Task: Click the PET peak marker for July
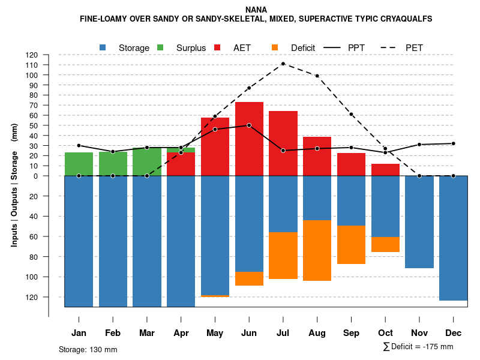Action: pyautogui.click(x=283, y=64)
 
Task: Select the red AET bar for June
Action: pyautogui.click(x=249, y=139)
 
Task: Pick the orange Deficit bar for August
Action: pyautogui.click(x=317, y=250)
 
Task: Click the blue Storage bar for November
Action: pyautogui.click(x=419, y=222)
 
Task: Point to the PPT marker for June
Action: pyautogui.click(x=249, y=125)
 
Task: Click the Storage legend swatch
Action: pyautogui.click(x=103, y=47)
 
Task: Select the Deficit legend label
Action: pyautogui.click(x=303, y=47)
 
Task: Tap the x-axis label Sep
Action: pyautogui.click(x=351, y=333)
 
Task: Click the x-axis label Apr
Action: pyautogui.click(x=181, y=333)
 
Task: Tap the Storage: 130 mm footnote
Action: pyautogui.click(x=88, y=349)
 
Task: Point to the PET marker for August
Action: pyautogui.click(x=317, y=76)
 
